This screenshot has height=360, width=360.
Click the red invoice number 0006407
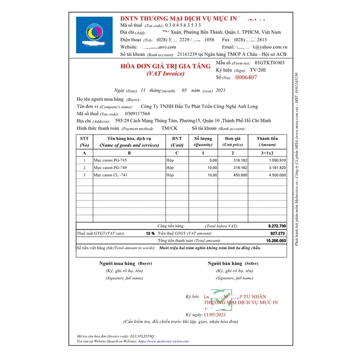(x=246, y=78)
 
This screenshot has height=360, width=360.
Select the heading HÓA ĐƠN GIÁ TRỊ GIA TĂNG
(x=165, y=66)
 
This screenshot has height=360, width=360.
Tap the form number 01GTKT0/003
(x=270, y=63)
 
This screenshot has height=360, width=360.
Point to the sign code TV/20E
(x=259, y=70)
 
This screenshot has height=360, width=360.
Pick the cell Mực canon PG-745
(x=111, y=161)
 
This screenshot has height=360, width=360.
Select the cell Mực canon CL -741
(x=112, y=175)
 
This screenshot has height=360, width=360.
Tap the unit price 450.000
(x=239, y=175)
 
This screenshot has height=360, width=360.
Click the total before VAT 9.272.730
(x=277, y=226)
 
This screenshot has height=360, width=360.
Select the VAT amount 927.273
(x=278, y=233)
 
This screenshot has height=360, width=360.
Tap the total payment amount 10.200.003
(x=276, y=241)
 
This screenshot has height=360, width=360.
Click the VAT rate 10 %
(x=150, y=233)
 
